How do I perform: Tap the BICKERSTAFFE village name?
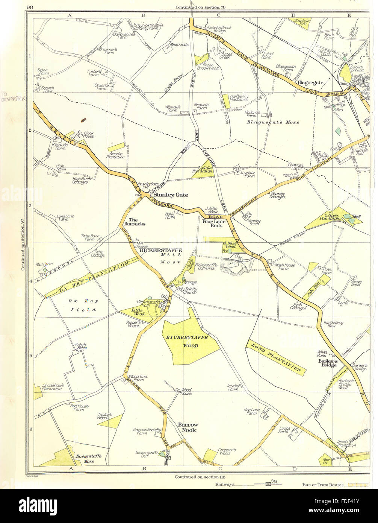[x=160, y=250]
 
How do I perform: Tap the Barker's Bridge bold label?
[x=328, y=363]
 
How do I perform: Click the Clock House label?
[x=88, y=134]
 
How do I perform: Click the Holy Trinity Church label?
[x=187, y=291]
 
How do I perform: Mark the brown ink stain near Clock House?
[x=83, y=120]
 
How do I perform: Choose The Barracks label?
[x=137, y=222]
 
